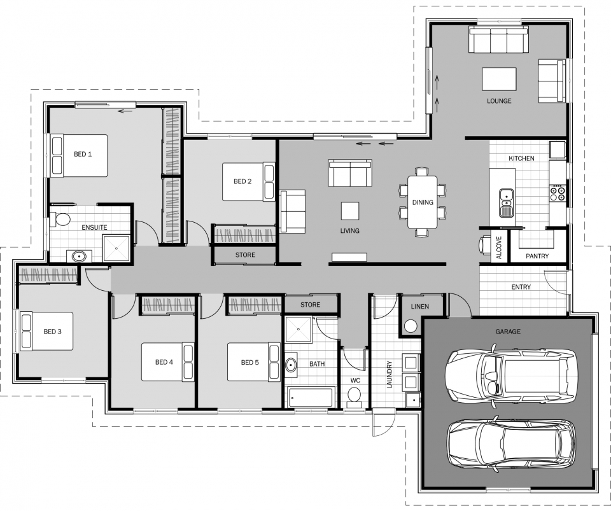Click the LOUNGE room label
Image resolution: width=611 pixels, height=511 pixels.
pyautogui.click(x=499, y=101)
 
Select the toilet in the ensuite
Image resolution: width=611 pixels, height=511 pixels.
pyautogui.click(x=62, y=220)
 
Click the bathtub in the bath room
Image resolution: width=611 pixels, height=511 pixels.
pyautogui.click(x=311, y=398)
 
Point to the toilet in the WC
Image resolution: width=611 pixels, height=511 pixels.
pyautogui.click(x=355, y=397)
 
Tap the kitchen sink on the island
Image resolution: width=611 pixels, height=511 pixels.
pyautogui.click(x=507, y=195)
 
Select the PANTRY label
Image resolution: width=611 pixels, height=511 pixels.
pyautogui.click(x=537, y=256)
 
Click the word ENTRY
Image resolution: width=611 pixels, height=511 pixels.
pyautogui.click(x=521, y=287)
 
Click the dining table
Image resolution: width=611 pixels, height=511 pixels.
pyautogui.click(x=422, y=202)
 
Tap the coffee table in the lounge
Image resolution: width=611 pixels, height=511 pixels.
pyautogui.click(x=499, y=79)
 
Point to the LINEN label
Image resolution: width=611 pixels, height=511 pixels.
pyautogui.click(x=419, y=307)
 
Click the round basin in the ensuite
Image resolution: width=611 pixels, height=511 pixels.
pyautogui.click(x=79, y=256)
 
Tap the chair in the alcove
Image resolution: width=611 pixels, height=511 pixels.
pyautogui.click(x=484, y=245)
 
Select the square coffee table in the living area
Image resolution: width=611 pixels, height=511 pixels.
pyautogui.click(x=349, y=211)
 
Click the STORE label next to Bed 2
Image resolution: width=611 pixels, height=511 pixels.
pyautogui.click(x=245, y=255)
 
